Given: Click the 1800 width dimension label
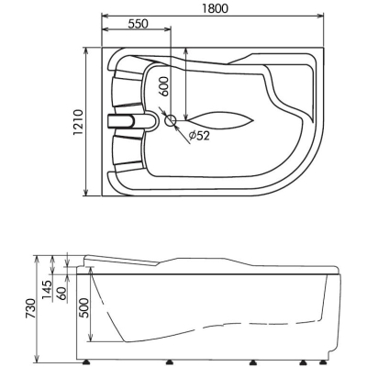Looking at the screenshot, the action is (x=215, y=8).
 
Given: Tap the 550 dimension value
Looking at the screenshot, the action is (x=138, y=24).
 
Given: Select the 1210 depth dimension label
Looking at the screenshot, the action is (x=78, y=122).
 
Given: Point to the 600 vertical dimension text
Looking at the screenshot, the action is (x=164, y=86).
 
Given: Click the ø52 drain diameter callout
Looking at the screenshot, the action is (x=199, y=135).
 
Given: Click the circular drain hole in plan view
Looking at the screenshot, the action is (x=171, y=120).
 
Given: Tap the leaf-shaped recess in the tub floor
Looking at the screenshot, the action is (x=219, y=120).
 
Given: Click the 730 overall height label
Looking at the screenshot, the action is (x=32, y=309).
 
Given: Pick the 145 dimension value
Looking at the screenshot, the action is (x=48, y=291).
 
